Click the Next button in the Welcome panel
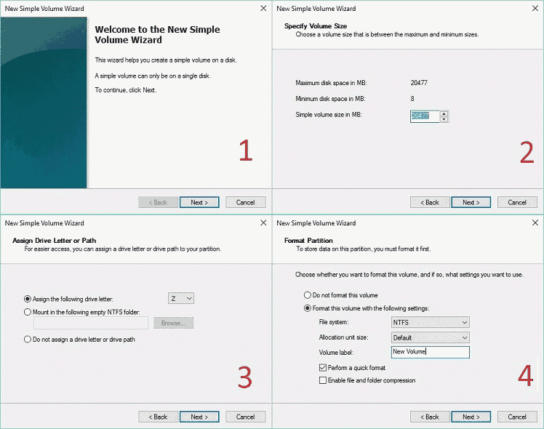point(199,202)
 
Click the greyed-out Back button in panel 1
point(159,202)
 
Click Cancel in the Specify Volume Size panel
point(517,202)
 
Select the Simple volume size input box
point(425,116)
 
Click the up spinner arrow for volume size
point(444,113)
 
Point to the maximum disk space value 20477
point(419,83)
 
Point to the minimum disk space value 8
point(412,99)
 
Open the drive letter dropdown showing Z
point(181,298)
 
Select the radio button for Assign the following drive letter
point(28,299)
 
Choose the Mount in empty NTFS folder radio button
point(28,312)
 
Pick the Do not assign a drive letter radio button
point(28,339)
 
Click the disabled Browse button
point(174,323)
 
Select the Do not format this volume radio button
point(308,295)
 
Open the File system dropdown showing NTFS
point(431,322)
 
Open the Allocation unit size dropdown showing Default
point(431,337)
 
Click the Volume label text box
point(431,352)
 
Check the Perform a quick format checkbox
point(323,368)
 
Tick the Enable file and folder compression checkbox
point(323,380)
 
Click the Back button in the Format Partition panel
point(430,417)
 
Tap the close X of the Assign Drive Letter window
point(263,222)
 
